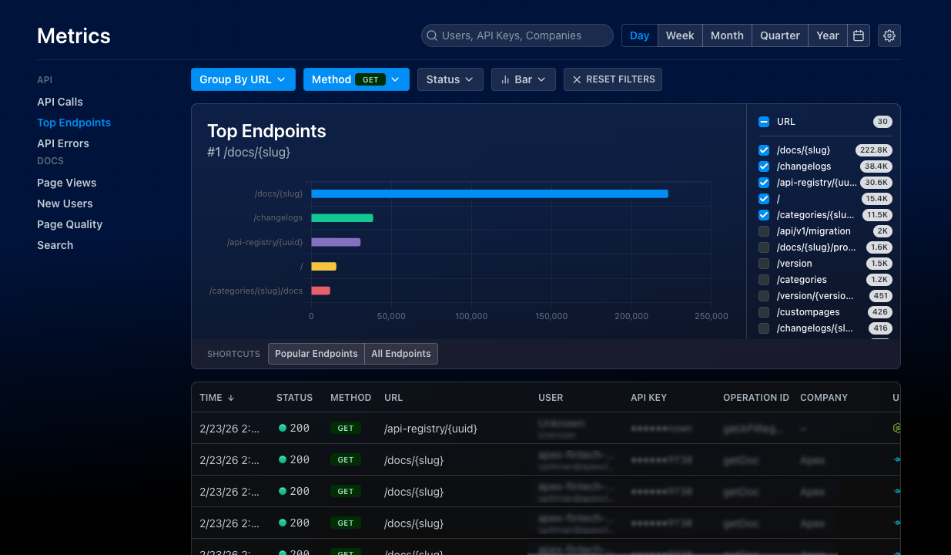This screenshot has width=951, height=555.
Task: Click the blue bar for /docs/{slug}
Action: point(489,193)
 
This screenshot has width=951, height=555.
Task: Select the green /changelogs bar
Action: point(342,218)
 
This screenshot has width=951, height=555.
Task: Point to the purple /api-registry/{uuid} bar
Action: point(336,242)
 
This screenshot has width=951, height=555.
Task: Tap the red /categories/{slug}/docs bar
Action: point(320,291)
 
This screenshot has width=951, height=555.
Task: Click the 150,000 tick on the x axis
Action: point(551,316)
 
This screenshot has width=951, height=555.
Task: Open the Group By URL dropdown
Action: point(243,79)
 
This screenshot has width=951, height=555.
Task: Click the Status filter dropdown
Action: point(450,79)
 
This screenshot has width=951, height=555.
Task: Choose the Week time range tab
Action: point(680,35)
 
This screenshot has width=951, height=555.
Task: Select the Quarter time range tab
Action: point(779,35)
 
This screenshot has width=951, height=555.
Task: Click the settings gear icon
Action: point(889,35)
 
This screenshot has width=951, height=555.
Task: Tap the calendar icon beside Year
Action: point(859,35)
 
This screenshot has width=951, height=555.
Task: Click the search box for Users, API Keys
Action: point(517,35)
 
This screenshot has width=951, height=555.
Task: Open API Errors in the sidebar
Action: point(63,143)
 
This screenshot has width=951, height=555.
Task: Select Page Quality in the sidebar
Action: point(69,224)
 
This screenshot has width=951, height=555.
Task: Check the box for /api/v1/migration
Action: point(764,231)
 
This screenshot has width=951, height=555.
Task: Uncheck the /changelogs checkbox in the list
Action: point(764,166)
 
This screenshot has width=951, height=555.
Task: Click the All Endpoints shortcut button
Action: point(400,354)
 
